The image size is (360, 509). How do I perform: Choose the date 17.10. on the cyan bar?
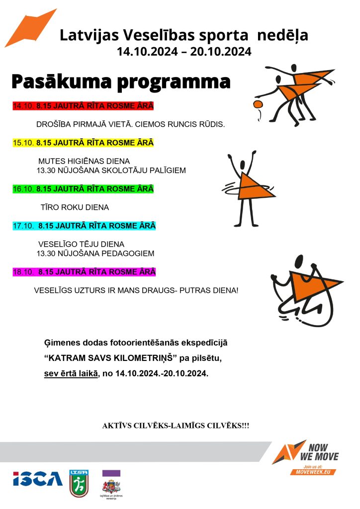[x=23, y=226]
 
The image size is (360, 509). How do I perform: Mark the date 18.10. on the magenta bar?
[x=23, y=272]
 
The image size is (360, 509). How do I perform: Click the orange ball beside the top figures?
[x=258, y=104]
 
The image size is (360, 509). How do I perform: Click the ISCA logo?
[x=38, y=479]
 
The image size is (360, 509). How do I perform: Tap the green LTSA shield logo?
[x=79, y=483]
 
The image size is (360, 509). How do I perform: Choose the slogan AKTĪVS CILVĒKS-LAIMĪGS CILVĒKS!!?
[x=176, y=426]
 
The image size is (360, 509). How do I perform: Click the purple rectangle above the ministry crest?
[x=111, y=473]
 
